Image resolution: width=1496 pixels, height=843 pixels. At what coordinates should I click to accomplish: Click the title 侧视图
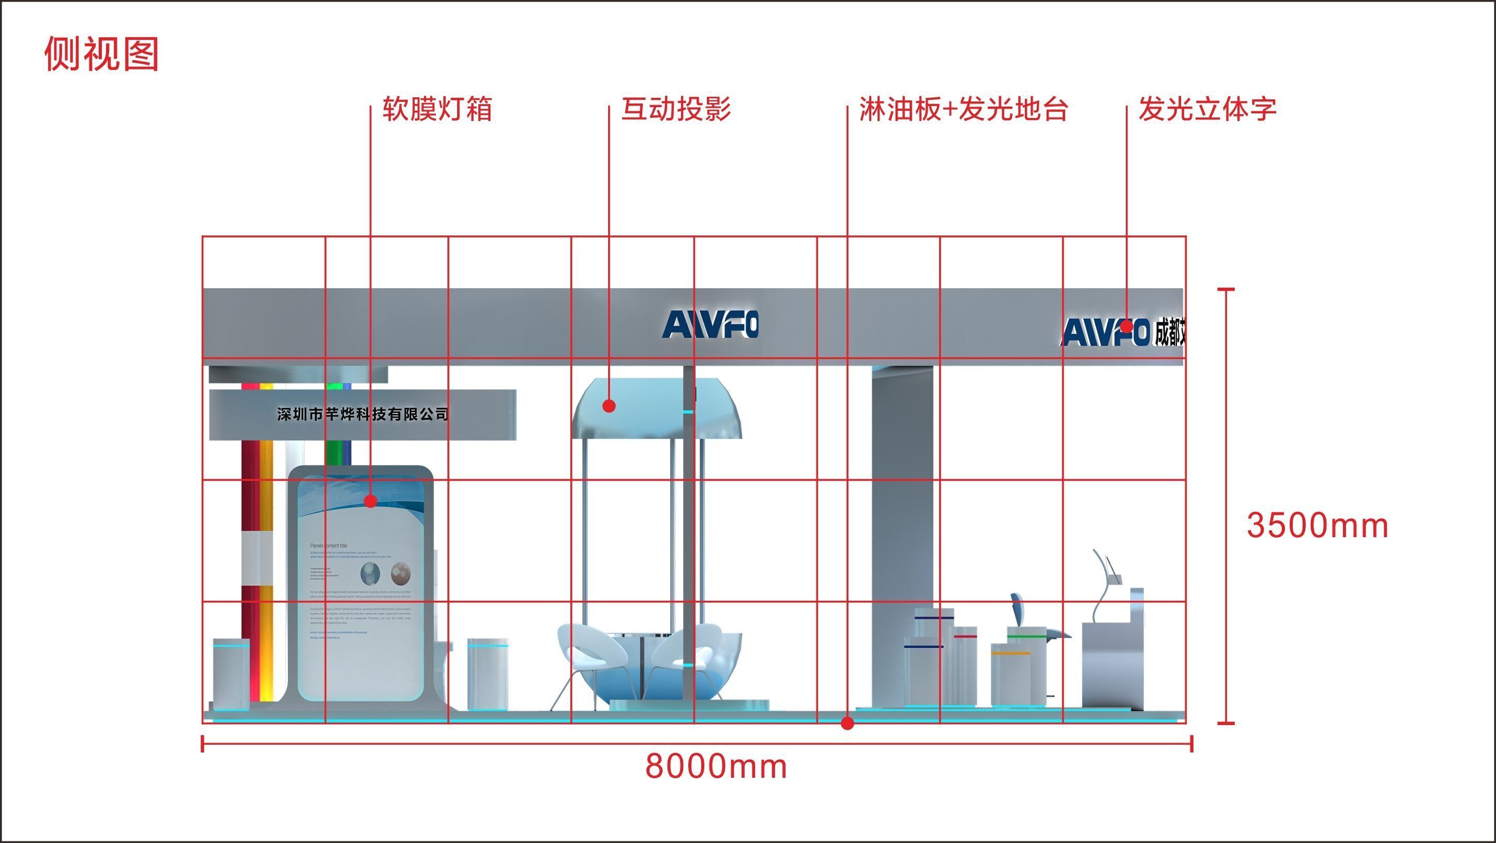(102, 54)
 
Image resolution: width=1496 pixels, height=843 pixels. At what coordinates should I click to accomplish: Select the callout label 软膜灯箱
(437, 109)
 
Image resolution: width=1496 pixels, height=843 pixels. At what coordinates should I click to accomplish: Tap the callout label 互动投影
(676, 109)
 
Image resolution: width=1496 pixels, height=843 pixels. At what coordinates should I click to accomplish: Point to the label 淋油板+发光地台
(963, 109)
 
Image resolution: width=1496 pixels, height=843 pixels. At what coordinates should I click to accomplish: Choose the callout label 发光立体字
(1207, 109)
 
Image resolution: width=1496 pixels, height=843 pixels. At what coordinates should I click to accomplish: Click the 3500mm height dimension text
(1317, 526)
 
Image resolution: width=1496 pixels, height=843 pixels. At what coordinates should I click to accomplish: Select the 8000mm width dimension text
(716, 766)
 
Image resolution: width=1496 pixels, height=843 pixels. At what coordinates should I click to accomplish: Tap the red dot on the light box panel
(371, 501)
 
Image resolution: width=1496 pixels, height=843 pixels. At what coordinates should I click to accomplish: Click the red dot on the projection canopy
(609, 406)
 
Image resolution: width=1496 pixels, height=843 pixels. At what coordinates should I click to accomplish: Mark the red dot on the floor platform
(848, 723)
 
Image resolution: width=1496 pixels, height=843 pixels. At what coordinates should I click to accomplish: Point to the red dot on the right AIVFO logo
(1126, 327)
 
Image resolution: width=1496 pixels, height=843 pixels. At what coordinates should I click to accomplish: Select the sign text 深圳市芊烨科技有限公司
(363, 414)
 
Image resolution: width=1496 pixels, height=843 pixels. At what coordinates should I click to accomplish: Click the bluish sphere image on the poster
(371, 574)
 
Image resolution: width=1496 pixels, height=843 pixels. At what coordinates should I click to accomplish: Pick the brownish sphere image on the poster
(401, 573)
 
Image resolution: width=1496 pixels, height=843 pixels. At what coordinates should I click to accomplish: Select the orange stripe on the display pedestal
(1010, 654)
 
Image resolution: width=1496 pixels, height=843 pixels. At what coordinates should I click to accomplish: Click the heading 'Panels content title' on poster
(329, 546)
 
